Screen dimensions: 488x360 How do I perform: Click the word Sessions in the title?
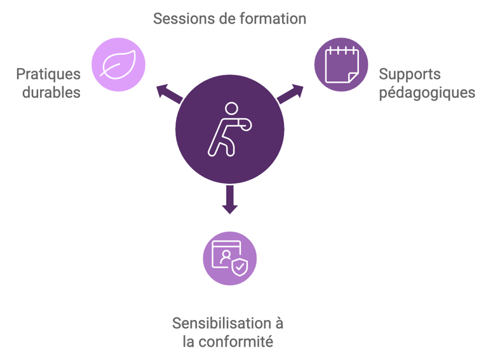(x=184, y=18)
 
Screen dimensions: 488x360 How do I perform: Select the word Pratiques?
(x=48, y=75)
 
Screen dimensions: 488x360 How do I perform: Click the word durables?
(x=51, y=92)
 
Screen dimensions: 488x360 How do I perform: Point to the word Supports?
(x=410, y=75)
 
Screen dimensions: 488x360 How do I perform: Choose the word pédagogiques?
(x=427, y=93)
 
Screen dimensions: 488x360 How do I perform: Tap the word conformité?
(x=236, y=342)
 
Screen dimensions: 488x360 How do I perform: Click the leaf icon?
(x=118, y=64)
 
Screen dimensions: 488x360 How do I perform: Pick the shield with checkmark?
(x=240, y=267)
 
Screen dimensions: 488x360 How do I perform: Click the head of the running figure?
(x=231, y=108)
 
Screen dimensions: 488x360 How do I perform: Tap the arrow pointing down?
(x=229, y=200)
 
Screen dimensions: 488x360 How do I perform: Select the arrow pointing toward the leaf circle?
(x=169, y=93)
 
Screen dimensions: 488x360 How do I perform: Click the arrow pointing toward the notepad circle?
(x=290, y=93)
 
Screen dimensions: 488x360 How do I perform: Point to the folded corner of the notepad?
(x=353, y=78)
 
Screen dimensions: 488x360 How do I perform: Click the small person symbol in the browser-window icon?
(x=226, y=257)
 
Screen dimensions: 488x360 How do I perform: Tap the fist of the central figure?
(x=246, y=125)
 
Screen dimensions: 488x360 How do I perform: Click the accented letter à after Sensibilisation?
(x=279, y=323)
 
